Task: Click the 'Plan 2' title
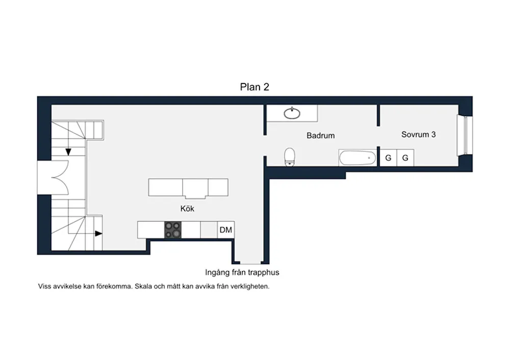(x=254, y=87)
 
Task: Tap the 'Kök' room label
(x=187, y=209)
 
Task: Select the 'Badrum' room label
(x=320, y=136)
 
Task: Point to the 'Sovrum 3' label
(x=418, y=134)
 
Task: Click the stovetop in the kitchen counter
(x=173, y=229)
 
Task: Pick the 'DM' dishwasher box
(x=226, y=230)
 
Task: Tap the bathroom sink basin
(x=292, y=113)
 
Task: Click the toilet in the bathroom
(x=290, y=157)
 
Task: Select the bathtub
(x=358, y=158)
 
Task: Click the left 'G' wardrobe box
(x=388, y=158)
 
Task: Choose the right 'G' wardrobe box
(x=405, y=158)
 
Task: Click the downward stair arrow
(x=68, y=152)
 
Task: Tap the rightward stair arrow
(x=98, y=234)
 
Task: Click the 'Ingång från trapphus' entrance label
(x=242, y=272)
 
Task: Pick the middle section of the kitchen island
(x=195, y=188)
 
